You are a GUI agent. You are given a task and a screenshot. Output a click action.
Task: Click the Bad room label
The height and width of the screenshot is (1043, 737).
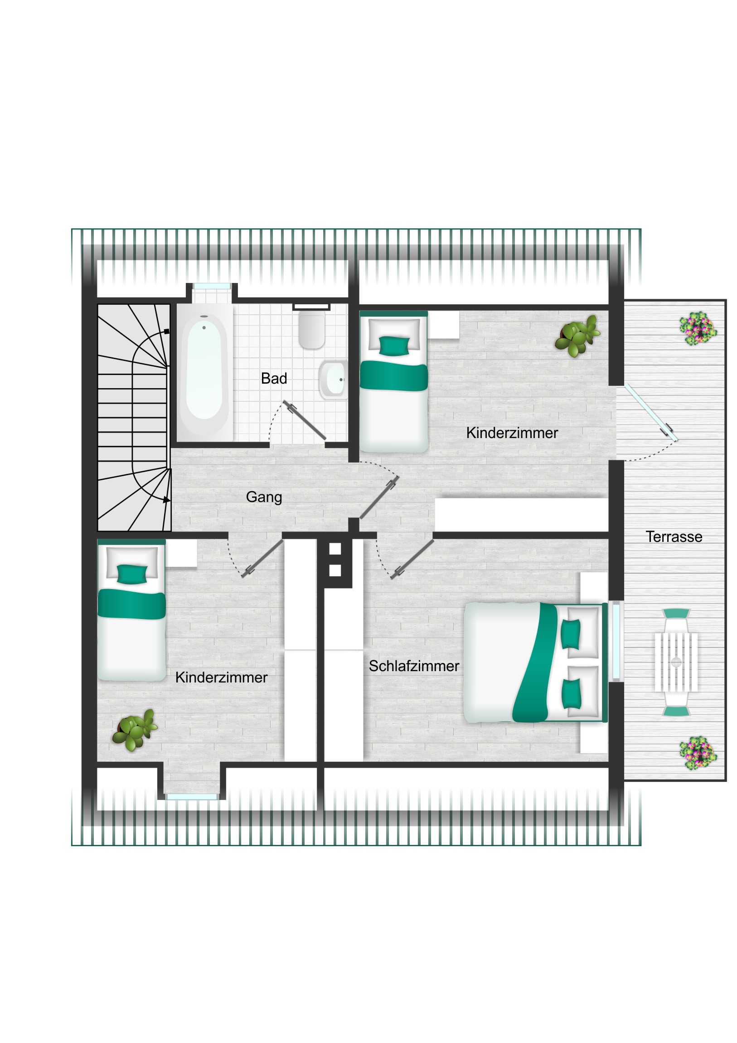click(x=274, y=378)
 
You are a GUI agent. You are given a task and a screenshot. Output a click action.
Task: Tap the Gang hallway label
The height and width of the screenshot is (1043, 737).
click(x=264, y=497)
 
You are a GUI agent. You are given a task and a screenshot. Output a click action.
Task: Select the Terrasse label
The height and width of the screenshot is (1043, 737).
click(x=674, y=537)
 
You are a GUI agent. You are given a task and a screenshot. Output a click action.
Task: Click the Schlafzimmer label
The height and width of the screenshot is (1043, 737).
click(x=414, y=666)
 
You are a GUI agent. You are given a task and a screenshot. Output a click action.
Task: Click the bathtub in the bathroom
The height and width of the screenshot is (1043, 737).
click(x=204, y=373)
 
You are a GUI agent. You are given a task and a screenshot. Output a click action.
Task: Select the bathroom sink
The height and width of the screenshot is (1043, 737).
click(x=334, y=379)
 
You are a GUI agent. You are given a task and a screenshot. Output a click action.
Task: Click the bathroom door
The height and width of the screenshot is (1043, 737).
click(x=304, y=420)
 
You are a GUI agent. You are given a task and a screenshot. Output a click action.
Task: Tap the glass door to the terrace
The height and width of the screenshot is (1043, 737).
click(x=651, y=413)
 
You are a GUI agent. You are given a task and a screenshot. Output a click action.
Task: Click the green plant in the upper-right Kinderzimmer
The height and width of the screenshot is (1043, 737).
click(x=577, y=336)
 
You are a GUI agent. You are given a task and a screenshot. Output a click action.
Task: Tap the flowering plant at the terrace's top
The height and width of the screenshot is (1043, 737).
click(x=698, y=328)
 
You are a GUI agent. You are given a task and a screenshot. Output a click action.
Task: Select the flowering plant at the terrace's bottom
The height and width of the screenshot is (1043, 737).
click(x=698, y=753)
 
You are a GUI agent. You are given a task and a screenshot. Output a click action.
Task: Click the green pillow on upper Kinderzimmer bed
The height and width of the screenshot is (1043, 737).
click(x=394, y=345)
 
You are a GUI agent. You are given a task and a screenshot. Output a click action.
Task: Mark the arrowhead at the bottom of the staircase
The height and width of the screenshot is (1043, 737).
click(x=167, y=500)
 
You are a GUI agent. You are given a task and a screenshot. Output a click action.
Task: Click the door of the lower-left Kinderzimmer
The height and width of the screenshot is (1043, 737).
click(x=262, y=558)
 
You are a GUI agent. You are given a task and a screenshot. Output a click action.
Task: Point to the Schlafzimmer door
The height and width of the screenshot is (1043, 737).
click(x=412, y=559)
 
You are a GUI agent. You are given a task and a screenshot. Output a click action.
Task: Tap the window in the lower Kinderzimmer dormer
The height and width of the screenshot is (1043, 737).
click(x=192, y=797)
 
